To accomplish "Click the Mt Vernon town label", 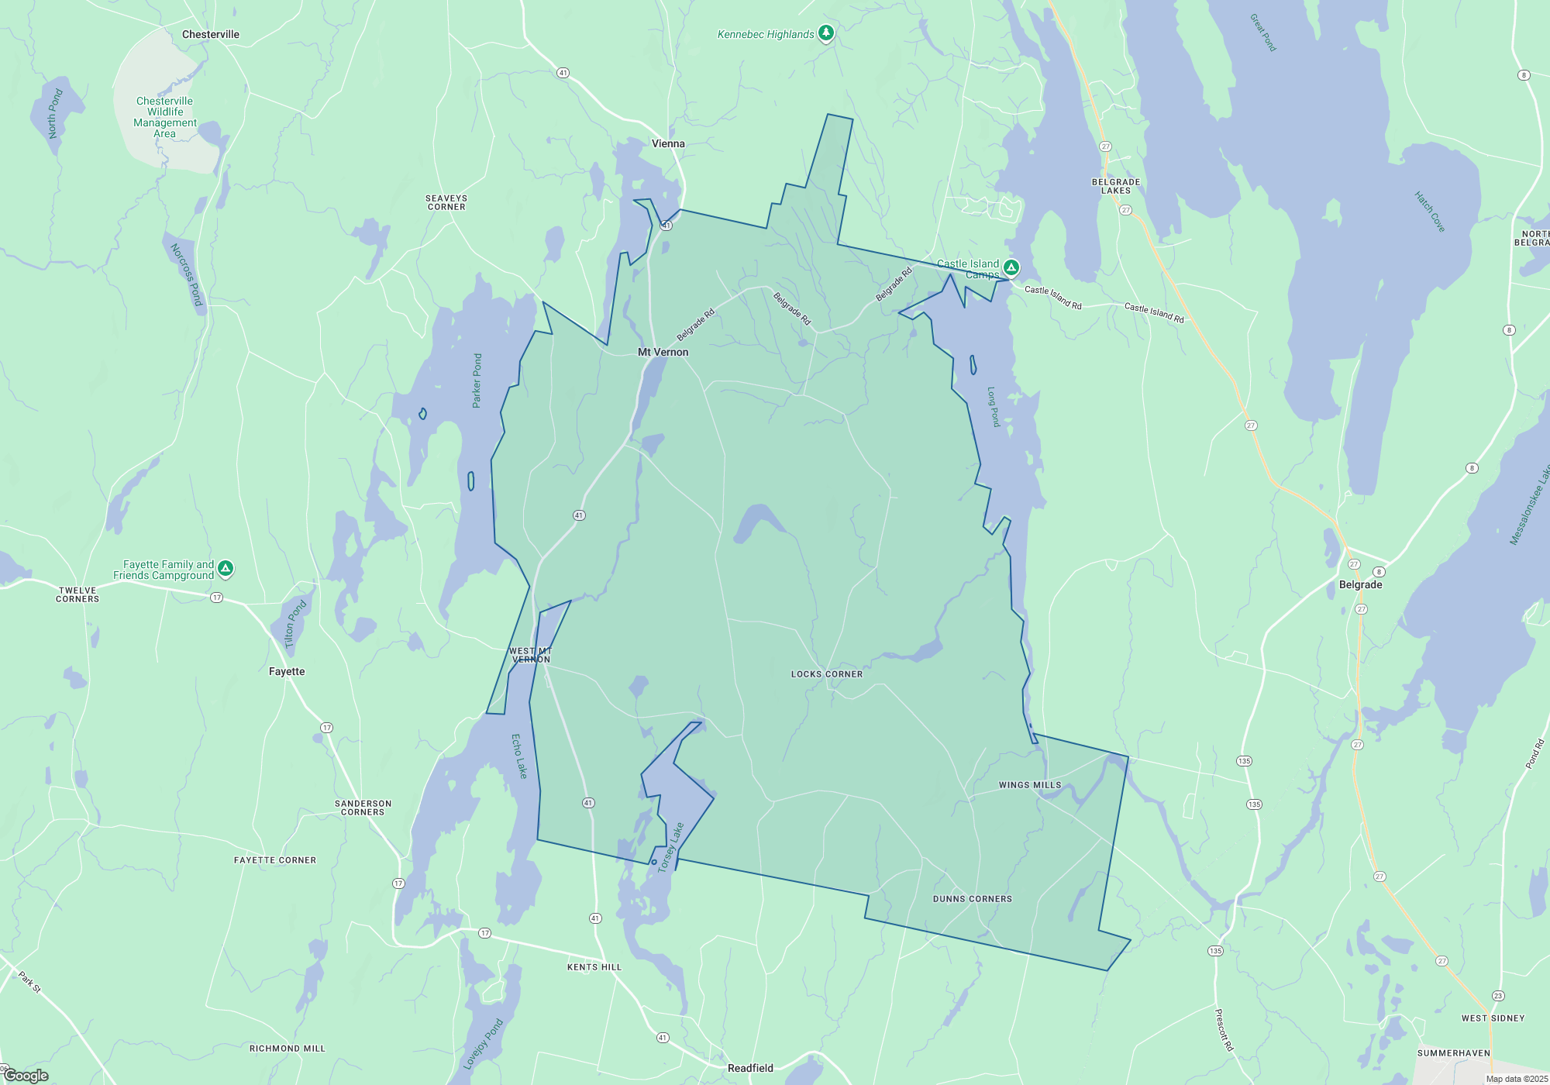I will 663,352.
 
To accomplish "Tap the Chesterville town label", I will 211,34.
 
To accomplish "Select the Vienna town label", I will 668,143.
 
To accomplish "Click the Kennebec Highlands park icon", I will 826,33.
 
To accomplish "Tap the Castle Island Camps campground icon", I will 1011,267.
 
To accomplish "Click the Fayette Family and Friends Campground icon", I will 226,568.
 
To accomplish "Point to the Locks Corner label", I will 827,674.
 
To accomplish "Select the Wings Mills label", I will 1030,785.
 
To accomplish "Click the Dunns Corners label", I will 973,899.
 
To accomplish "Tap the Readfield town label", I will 750,1068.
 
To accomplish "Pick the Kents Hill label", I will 594,967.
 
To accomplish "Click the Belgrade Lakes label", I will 1116,186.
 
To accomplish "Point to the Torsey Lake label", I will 671,848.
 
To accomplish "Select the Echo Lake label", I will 519,756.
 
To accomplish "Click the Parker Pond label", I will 477,381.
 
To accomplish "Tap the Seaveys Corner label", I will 446,202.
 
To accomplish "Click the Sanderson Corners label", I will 363,808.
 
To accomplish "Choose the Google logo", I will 26,1076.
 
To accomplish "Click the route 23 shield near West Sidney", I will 1498,996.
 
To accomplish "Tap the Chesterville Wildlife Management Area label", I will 165,117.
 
